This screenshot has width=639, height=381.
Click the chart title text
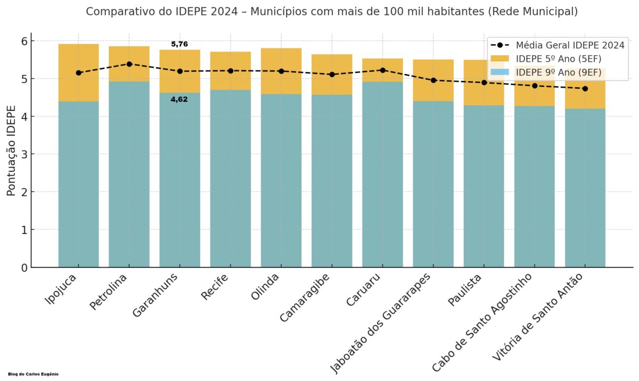[331, 11]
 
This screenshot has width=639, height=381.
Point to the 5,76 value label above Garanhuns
[179, 44]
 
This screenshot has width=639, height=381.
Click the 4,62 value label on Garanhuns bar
[179, 99]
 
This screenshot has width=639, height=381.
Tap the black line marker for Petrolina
[129, 64]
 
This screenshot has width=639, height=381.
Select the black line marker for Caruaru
[382, 70]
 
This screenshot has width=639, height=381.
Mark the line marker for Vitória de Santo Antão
[585, 88]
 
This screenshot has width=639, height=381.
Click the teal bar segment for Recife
[230, 181]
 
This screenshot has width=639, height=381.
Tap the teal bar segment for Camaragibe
[331, 181]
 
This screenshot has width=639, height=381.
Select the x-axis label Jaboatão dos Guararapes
[381, 323]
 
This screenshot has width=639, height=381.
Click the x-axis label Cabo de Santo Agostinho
[482, 323]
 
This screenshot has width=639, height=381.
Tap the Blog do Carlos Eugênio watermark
[34, 374]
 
